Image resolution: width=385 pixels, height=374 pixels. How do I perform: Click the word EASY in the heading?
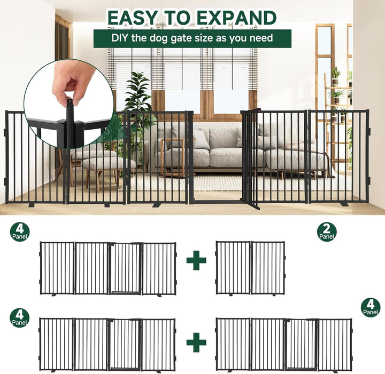coord(133,18)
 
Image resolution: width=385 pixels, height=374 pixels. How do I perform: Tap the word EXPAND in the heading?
coord(237,18)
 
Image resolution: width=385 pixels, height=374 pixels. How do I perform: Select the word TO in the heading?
coord(178,18)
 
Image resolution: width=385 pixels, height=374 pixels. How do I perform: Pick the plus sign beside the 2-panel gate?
coord(196,260)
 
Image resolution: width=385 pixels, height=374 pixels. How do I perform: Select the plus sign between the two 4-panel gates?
coord(196,342)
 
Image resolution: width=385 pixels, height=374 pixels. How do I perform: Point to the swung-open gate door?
coord(250,158)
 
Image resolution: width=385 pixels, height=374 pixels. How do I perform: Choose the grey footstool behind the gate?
coord(108,164)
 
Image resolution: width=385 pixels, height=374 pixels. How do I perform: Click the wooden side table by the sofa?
coord(173,157)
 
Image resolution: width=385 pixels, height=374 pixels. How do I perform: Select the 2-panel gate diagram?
coord(250,268)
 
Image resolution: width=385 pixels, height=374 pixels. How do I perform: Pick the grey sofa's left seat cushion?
coord(202,157)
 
